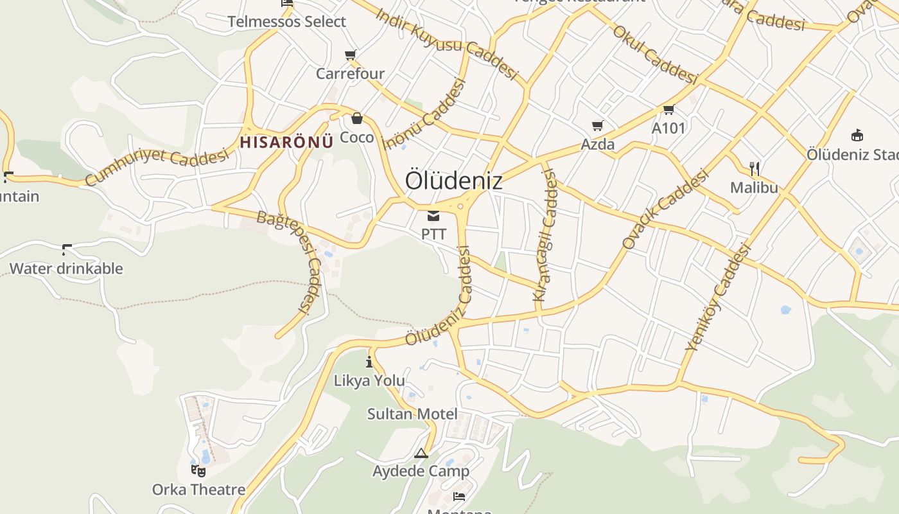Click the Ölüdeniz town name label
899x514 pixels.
coord(453,181)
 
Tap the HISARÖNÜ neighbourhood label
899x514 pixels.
coord(286,142)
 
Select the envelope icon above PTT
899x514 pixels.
coord(433,215)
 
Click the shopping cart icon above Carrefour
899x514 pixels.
coord(350,55)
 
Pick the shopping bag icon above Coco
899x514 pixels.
coord(356,118)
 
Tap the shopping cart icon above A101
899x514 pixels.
coord(668,109)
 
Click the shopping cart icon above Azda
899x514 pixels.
coord(598,125)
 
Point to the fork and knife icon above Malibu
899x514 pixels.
coord(755,169)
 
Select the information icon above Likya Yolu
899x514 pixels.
coord(369,362)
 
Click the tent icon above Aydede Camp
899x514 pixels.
coord(421,454)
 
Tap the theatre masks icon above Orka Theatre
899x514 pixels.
coord(198,471)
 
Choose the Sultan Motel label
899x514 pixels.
coord(412,414)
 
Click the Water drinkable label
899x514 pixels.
coord(66,268)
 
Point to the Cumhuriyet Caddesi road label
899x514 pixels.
coord(157,165)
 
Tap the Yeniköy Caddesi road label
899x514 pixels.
coord(718,297)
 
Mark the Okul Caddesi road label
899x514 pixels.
coord(655,55)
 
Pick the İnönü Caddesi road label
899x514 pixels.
coord(424,114)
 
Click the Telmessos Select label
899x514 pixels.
coord(287,21)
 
